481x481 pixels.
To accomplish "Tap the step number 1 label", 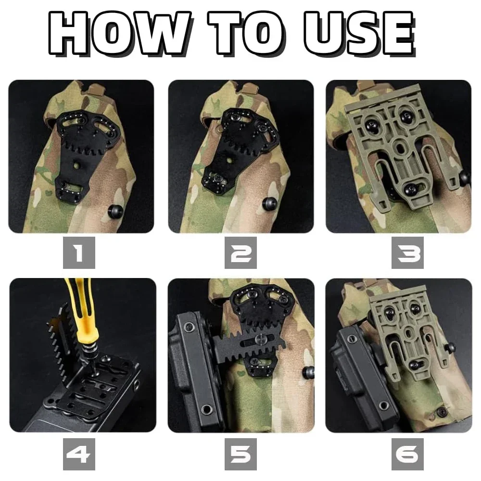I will pos(79,253).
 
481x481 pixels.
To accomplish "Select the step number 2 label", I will pos(240,253).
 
